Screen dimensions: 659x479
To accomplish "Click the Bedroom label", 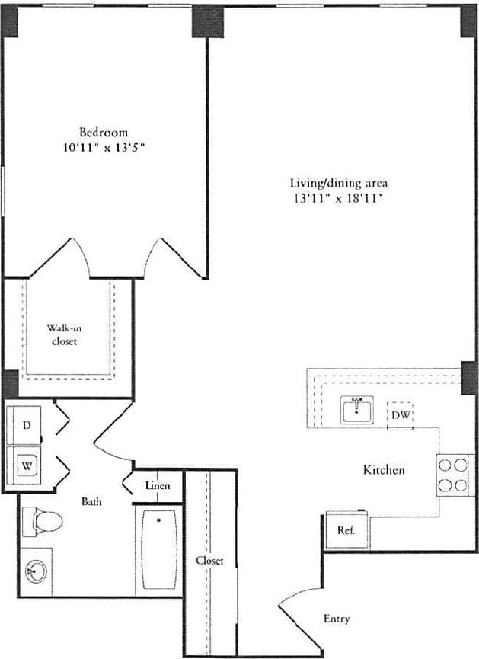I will tap(104, 132).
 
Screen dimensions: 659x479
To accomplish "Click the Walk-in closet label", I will tap(64, 334).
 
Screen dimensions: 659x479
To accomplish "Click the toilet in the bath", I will tap(42, 523).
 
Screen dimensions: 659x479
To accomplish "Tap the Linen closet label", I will tap(157, 485).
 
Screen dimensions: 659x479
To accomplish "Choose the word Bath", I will tap(92, 501).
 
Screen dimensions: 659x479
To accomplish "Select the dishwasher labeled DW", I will tap(401, 415).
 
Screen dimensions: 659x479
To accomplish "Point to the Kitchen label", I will tap(383, 470).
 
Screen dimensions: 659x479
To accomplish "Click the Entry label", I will tap(337, 619).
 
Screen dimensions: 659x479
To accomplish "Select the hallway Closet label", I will tap(209, 560).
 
